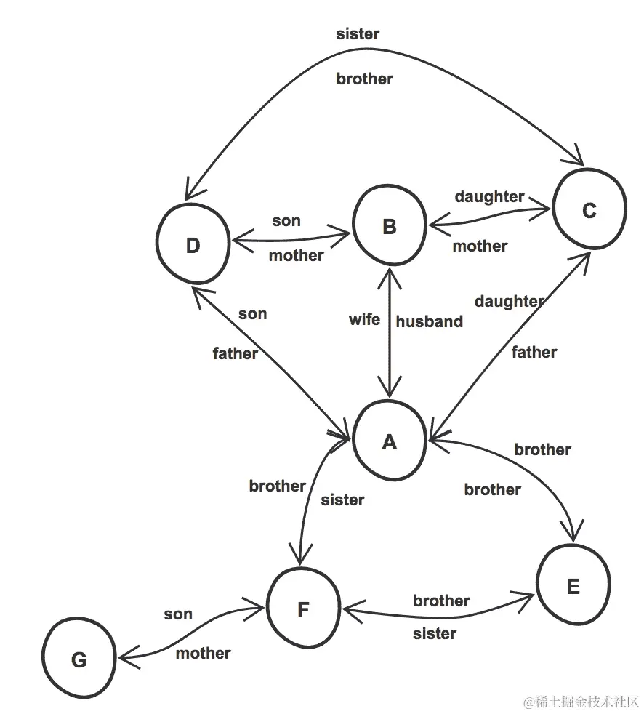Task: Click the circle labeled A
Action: [389, 441]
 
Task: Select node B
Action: [389, 227]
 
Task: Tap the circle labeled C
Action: [589, 210]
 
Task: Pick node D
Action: [193, 246]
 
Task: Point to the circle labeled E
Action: [573, 586]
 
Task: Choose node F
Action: [303, 609]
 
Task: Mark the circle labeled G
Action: [79, 659]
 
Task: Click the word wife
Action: [364, 319]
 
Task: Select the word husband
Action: [429, 321]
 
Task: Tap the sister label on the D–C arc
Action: [358, 33]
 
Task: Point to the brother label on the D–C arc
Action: [364, 79]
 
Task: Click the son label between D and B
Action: [286, 221]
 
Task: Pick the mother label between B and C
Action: [480, 246]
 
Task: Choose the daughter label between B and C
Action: [489, 196]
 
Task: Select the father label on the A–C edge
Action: [534, 352]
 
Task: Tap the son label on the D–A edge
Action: [252, 314]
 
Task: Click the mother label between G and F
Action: [204, 653]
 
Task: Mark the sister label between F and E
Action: [435, 633]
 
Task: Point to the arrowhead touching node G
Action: [124, 659]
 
